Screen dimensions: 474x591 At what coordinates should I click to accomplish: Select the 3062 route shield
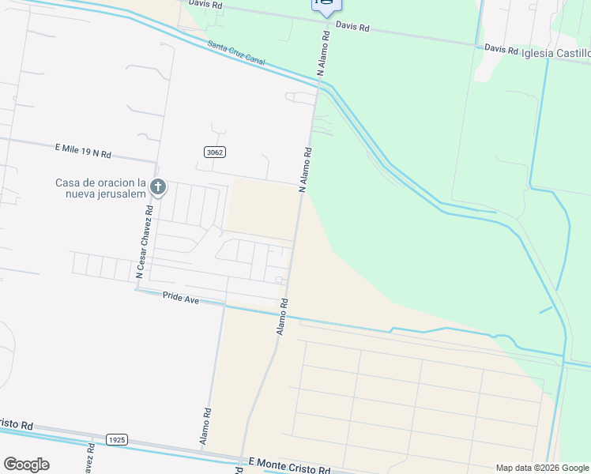tap(213, 152)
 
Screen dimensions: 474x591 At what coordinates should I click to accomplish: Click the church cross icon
tap(158, 187)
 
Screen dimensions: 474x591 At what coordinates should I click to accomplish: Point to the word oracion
tap(119, 182)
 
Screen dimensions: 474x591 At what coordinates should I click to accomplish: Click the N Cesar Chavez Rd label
tap(144, 242)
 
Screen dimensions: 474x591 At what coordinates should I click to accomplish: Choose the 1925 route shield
tap(116, 439)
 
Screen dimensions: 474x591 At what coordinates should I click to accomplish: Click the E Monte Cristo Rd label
tap(289, 466)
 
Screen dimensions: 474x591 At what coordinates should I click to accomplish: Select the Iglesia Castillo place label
tap(555, 53)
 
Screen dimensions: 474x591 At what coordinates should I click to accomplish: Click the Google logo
tap(26, 464)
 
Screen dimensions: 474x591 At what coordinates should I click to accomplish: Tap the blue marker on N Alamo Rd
tap(326, 5)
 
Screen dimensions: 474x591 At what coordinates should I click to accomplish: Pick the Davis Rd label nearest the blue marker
tap(352, 27)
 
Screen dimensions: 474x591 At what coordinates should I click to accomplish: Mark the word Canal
tap(254, 59)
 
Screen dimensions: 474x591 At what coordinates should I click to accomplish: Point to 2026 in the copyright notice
tap(546, 468)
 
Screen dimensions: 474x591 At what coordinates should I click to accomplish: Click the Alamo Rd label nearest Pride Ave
tap(281, 316)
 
